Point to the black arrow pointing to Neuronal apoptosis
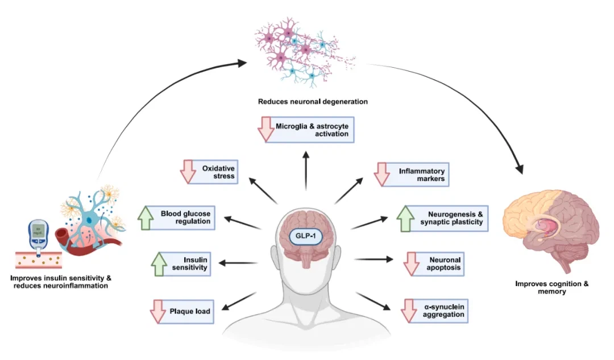coord(374,259)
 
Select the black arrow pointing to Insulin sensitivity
coord(239,263)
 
